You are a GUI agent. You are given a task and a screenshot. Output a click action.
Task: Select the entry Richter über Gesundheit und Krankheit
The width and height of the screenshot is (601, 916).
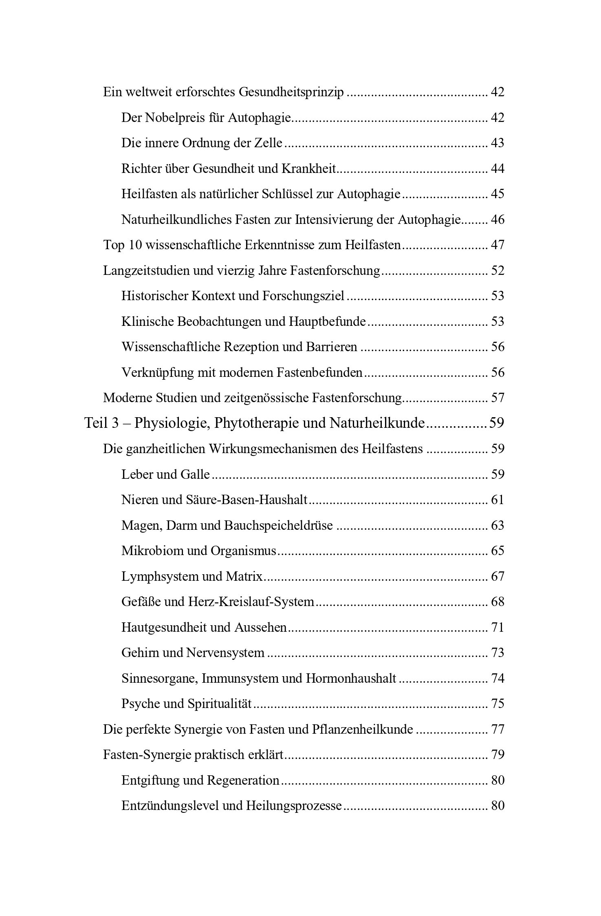point(229,169)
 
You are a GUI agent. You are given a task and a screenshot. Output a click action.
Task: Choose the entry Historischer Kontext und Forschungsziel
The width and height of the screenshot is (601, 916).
point(233,296)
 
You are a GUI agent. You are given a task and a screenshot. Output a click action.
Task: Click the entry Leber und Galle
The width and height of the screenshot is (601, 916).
point(165,474)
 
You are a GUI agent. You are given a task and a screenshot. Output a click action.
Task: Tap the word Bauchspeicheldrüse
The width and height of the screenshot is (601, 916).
point(278,526)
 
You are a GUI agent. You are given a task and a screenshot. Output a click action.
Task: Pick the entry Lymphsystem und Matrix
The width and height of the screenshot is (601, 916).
point(192,577)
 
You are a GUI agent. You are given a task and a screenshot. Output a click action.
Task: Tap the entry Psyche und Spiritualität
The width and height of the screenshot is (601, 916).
point(187,704)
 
